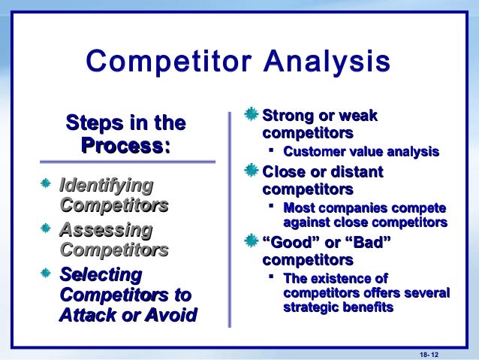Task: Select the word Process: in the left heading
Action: pyautogui.click(x=127, y=144)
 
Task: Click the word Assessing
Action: pyautogui.click(x=105, y=229)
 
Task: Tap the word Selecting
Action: pyautogui.click(x=100, y=274)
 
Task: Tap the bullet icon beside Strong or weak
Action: pyautogui.click(x=252, y=116)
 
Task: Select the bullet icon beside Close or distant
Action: pyautogui.click(x=252, y=172)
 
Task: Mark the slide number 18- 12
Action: pyautogui.click(x=428, y=353)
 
